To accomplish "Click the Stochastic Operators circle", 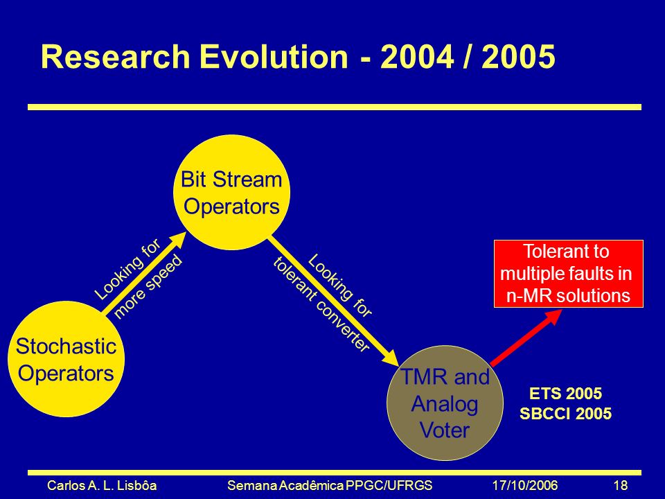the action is click(66, 359).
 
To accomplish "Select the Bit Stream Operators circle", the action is click(231, 192).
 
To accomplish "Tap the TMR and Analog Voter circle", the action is click(445, 403).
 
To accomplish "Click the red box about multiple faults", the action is click(568, 274).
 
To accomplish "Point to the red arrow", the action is click(526, 338).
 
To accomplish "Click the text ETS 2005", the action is click(565, 394).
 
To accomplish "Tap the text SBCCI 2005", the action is click(565, 413).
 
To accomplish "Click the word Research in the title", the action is click(115, 57).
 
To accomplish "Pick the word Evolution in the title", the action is click(274, 57).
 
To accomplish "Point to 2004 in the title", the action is click(417, 57).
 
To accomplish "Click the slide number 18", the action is click(621, 485).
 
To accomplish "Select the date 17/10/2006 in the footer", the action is click(525, 485).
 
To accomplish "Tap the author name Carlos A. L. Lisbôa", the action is click(102, 485).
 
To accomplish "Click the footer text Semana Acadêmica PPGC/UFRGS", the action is click(330, 485).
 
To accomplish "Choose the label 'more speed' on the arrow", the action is click(148, 287).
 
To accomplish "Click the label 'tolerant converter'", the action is click(321, 304).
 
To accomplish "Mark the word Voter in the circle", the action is click(445, 430).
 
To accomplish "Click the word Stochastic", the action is click(66, 346).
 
